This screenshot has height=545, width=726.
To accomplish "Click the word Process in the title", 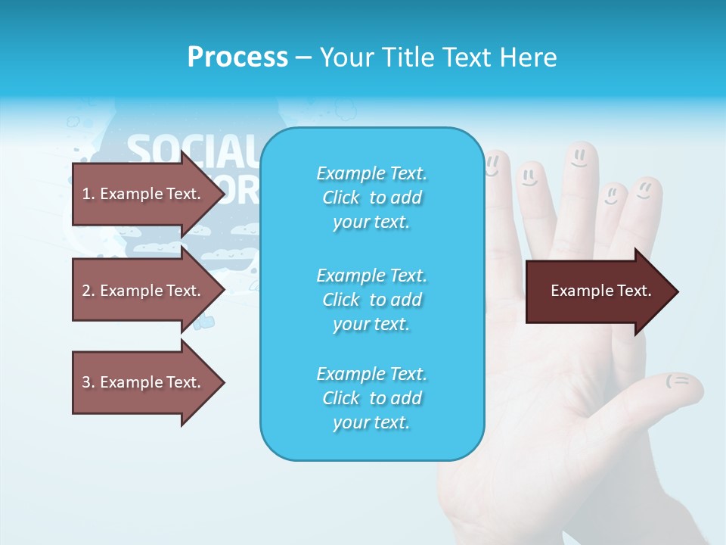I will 237,57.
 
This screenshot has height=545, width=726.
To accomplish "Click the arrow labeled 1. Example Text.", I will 141,194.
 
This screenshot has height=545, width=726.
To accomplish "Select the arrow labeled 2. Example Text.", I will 141,291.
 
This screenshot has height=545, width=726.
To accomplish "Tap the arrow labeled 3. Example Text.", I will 141,382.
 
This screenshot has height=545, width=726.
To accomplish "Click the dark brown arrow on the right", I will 600,291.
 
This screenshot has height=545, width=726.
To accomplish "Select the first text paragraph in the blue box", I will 371,198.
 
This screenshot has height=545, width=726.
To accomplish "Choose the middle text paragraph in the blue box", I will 371,300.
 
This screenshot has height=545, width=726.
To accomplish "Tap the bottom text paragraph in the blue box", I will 371,398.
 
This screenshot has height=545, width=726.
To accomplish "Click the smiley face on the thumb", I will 678,381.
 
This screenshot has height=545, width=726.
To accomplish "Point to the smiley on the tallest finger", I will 579,158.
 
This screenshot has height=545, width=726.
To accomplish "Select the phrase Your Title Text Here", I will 438,57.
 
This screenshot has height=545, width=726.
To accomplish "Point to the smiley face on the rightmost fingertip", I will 644,188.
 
